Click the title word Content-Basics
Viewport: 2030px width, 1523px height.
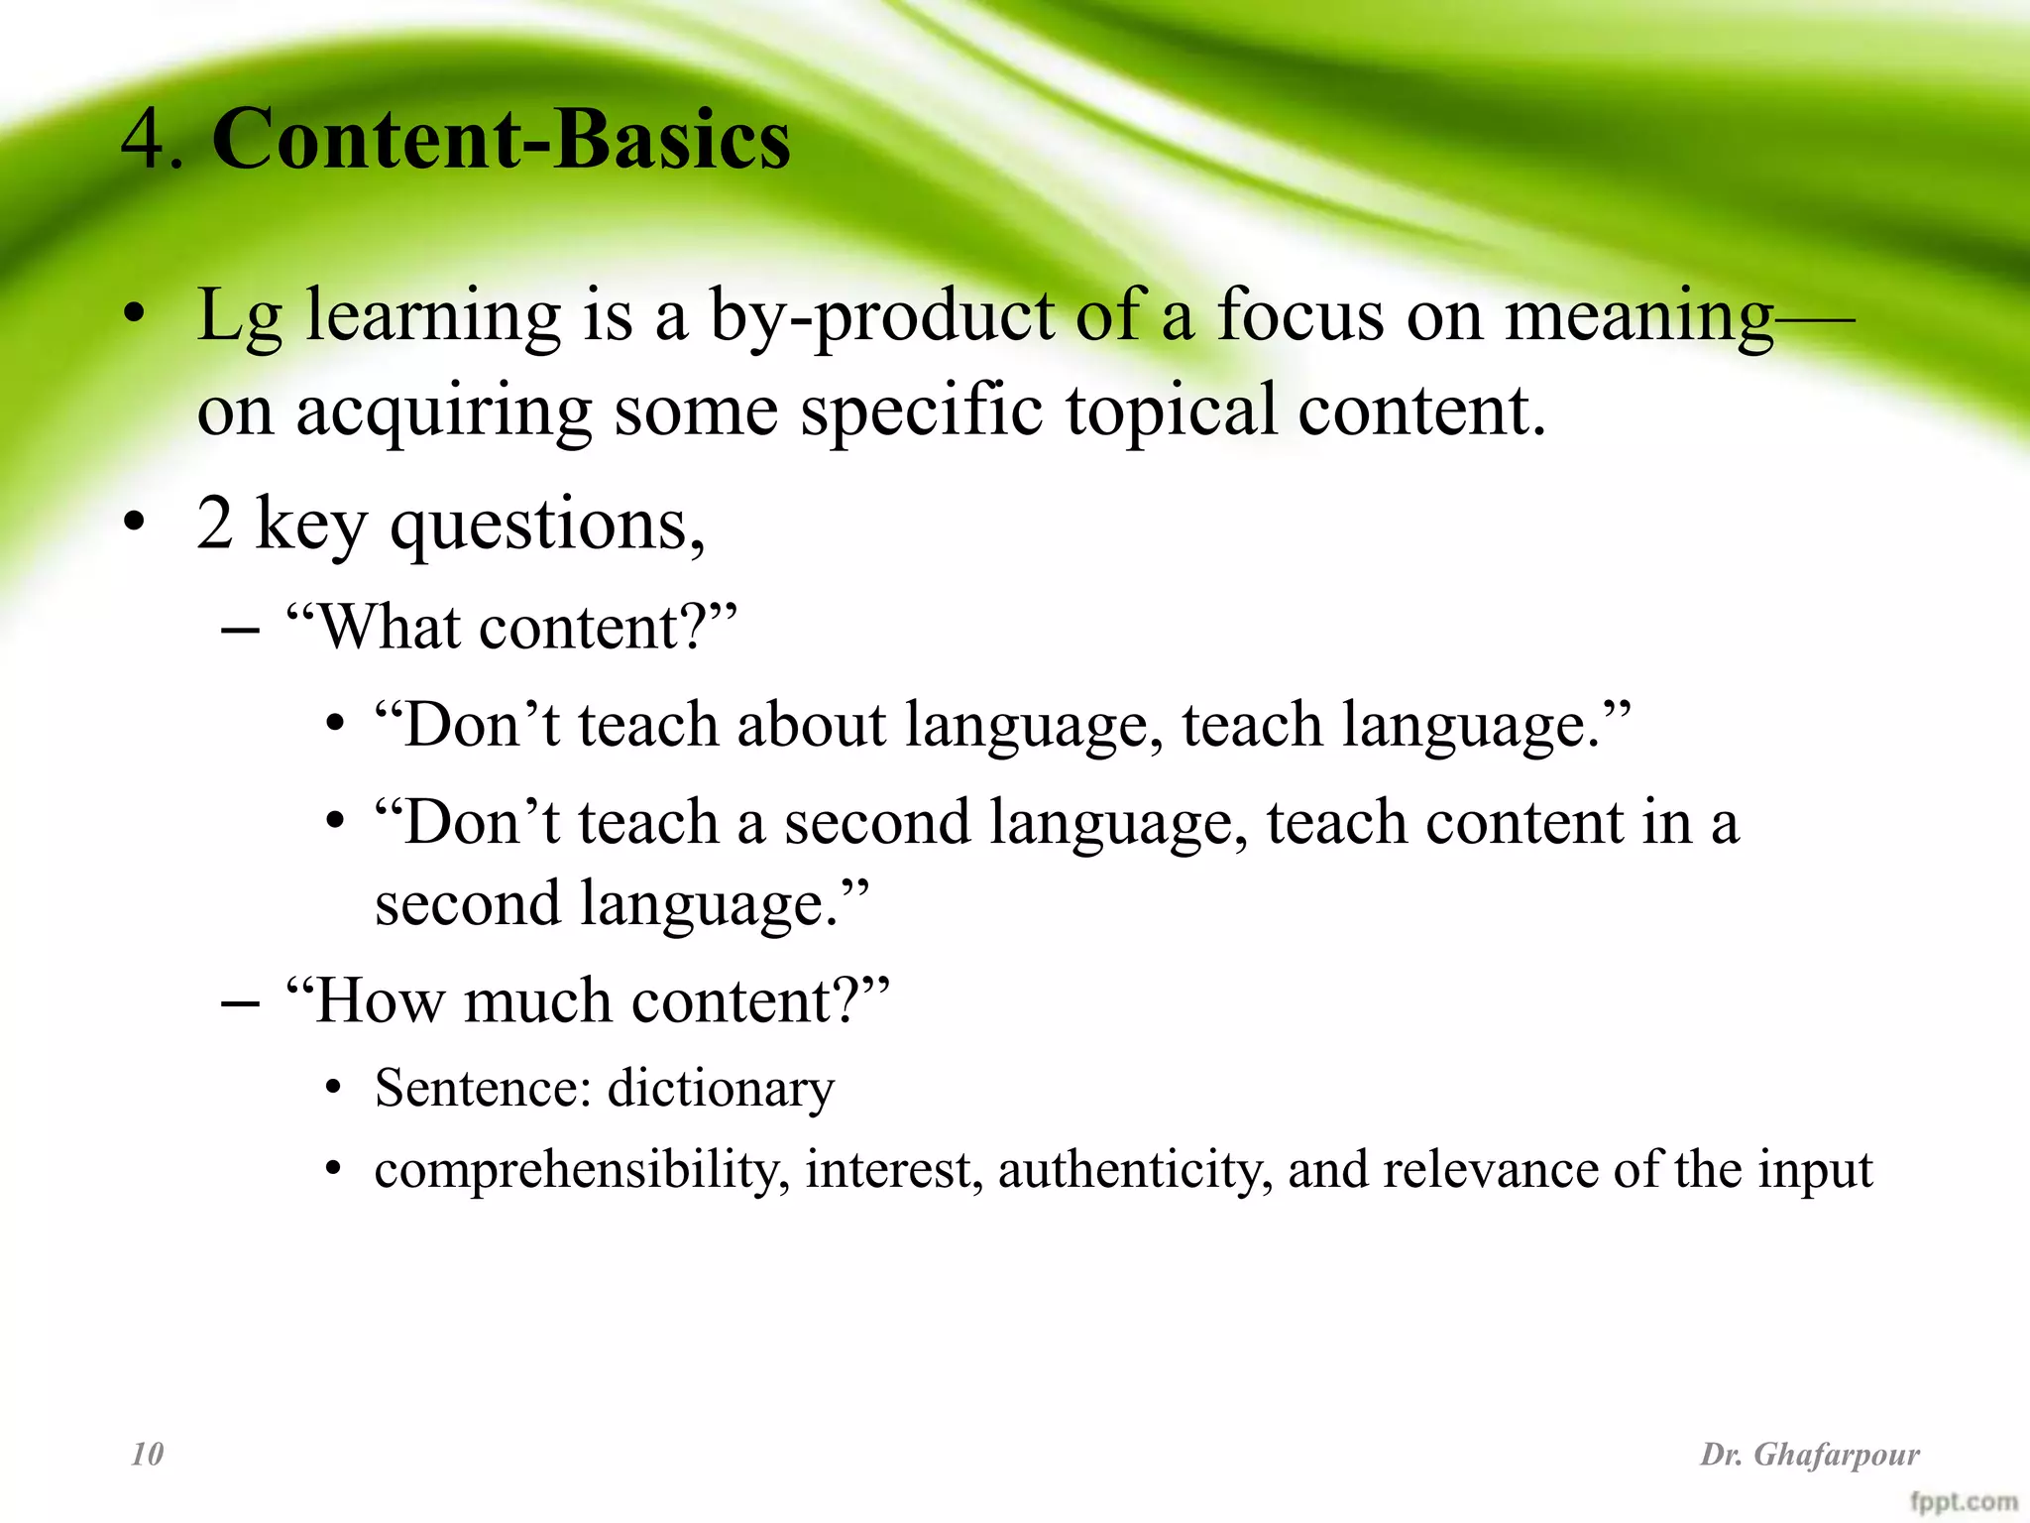pos(501,141)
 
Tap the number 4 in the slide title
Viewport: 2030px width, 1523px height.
pos(143,141)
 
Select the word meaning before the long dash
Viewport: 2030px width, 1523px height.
pos(1638,317)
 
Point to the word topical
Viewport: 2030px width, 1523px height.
pos(1171,410)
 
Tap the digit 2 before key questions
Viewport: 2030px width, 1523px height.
pos(215,524)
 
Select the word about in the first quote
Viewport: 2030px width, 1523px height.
pos(810,725)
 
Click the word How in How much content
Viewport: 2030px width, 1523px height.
pos(380,1000)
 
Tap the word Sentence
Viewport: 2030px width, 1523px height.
pos(482,1089)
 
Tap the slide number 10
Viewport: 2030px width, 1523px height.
pos(148,1455)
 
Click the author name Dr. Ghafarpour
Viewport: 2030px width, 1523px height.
pos(1810,1455)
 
